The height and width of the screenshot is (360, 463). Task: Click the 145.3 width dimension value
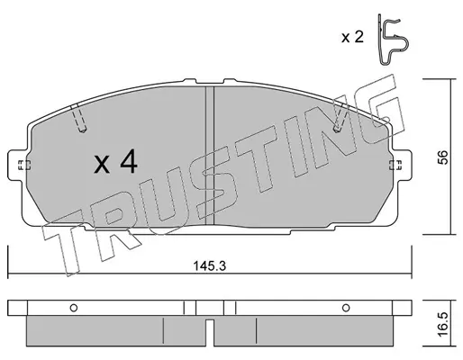(x=209, y=265)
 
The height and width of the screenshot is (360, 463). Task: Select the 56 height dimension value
(x=442, y=157)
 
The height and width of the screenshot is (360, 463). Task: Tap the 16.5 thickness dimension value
(x=442, y=324)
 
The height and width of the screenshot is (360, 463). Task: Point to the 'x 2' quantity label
(x=352, y=38)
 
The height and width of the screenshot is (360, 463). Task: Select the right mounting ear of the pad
(x=402, y=165)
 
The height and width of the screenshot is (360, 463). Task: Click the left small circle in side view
(x=74, y=308)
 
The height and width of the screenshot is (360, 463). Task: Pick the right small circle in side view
(x=346, y=308)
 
